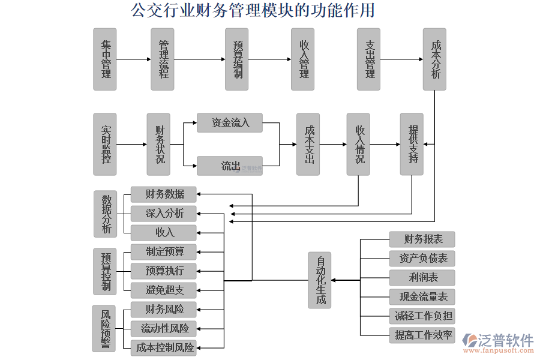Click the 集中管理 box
pyautogui.click(x=105, y=59)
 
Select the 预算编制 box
pyautogui.click(x=236, y=59)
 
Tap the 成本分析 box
pyautogui.click(x=434, y=59)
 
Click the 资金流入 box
pyautogui.click(x=230, y=123)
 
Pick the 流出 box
pyautogui.click(x=230, y=166)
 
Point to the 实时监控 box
pyautogui.click(x=105, y=144)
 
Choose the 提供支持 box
pyautogui.click(x=412, y=144)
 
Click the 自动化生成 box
pyautogui.click(x=320, y=280)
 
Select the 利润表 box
pyautogui.click(x=422, y=277)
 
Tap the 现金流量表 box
pyautogui.click(x=422, y=296)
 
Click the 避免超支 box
pyautogui.click(x=164, y=290)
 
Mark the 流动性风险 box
pyautogui.click(x=164, y=328)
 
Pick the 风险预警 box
pyautogui.click(x=104, y=328)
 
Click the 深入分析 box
pyautogui.click(x=164, y=213)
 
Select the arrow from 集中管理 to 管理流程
pyautogui.click(x=133, y=59)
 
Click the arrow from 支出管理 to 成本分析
pyautogui.click(x=401, y=59)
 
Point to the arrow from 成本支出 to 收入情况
pyautogui.click(x=333, y=144)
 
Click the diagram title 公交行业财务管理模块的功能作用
pyautogui.click(x=253, y=10)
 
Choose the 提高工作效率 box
pyautogui.click(x=422, y=335)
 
